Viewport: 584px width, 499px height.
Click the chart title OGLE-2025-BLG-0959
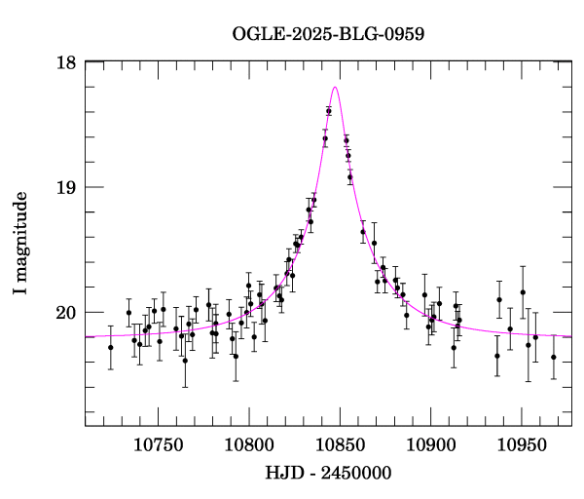coord(328,34)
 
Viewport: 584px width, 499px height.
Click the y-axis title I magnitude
coord(21,244)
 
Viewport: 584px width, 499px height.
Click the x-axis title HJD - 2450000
coord(329,473)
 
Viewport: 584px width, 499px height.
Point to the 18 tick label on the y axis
coord(66,62)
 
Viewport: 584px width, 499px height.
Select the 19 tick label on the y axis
coord(66,187)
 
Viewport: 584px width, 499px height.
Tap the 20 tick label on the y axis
coord(66,312)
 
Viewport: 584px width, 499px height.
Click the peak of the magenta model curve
coord(336,87)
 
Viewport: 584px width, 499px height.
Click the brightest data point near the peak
coord(329,111)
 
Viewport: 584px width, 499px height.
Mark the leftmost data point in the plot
coord(110,347)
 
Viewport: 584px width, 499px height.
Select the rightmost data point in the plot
coord(553,357)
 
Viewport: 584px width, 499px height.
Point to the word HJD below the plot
coord(282,473)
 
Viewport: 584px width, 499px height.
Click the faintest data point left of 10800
coord(185,361)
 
